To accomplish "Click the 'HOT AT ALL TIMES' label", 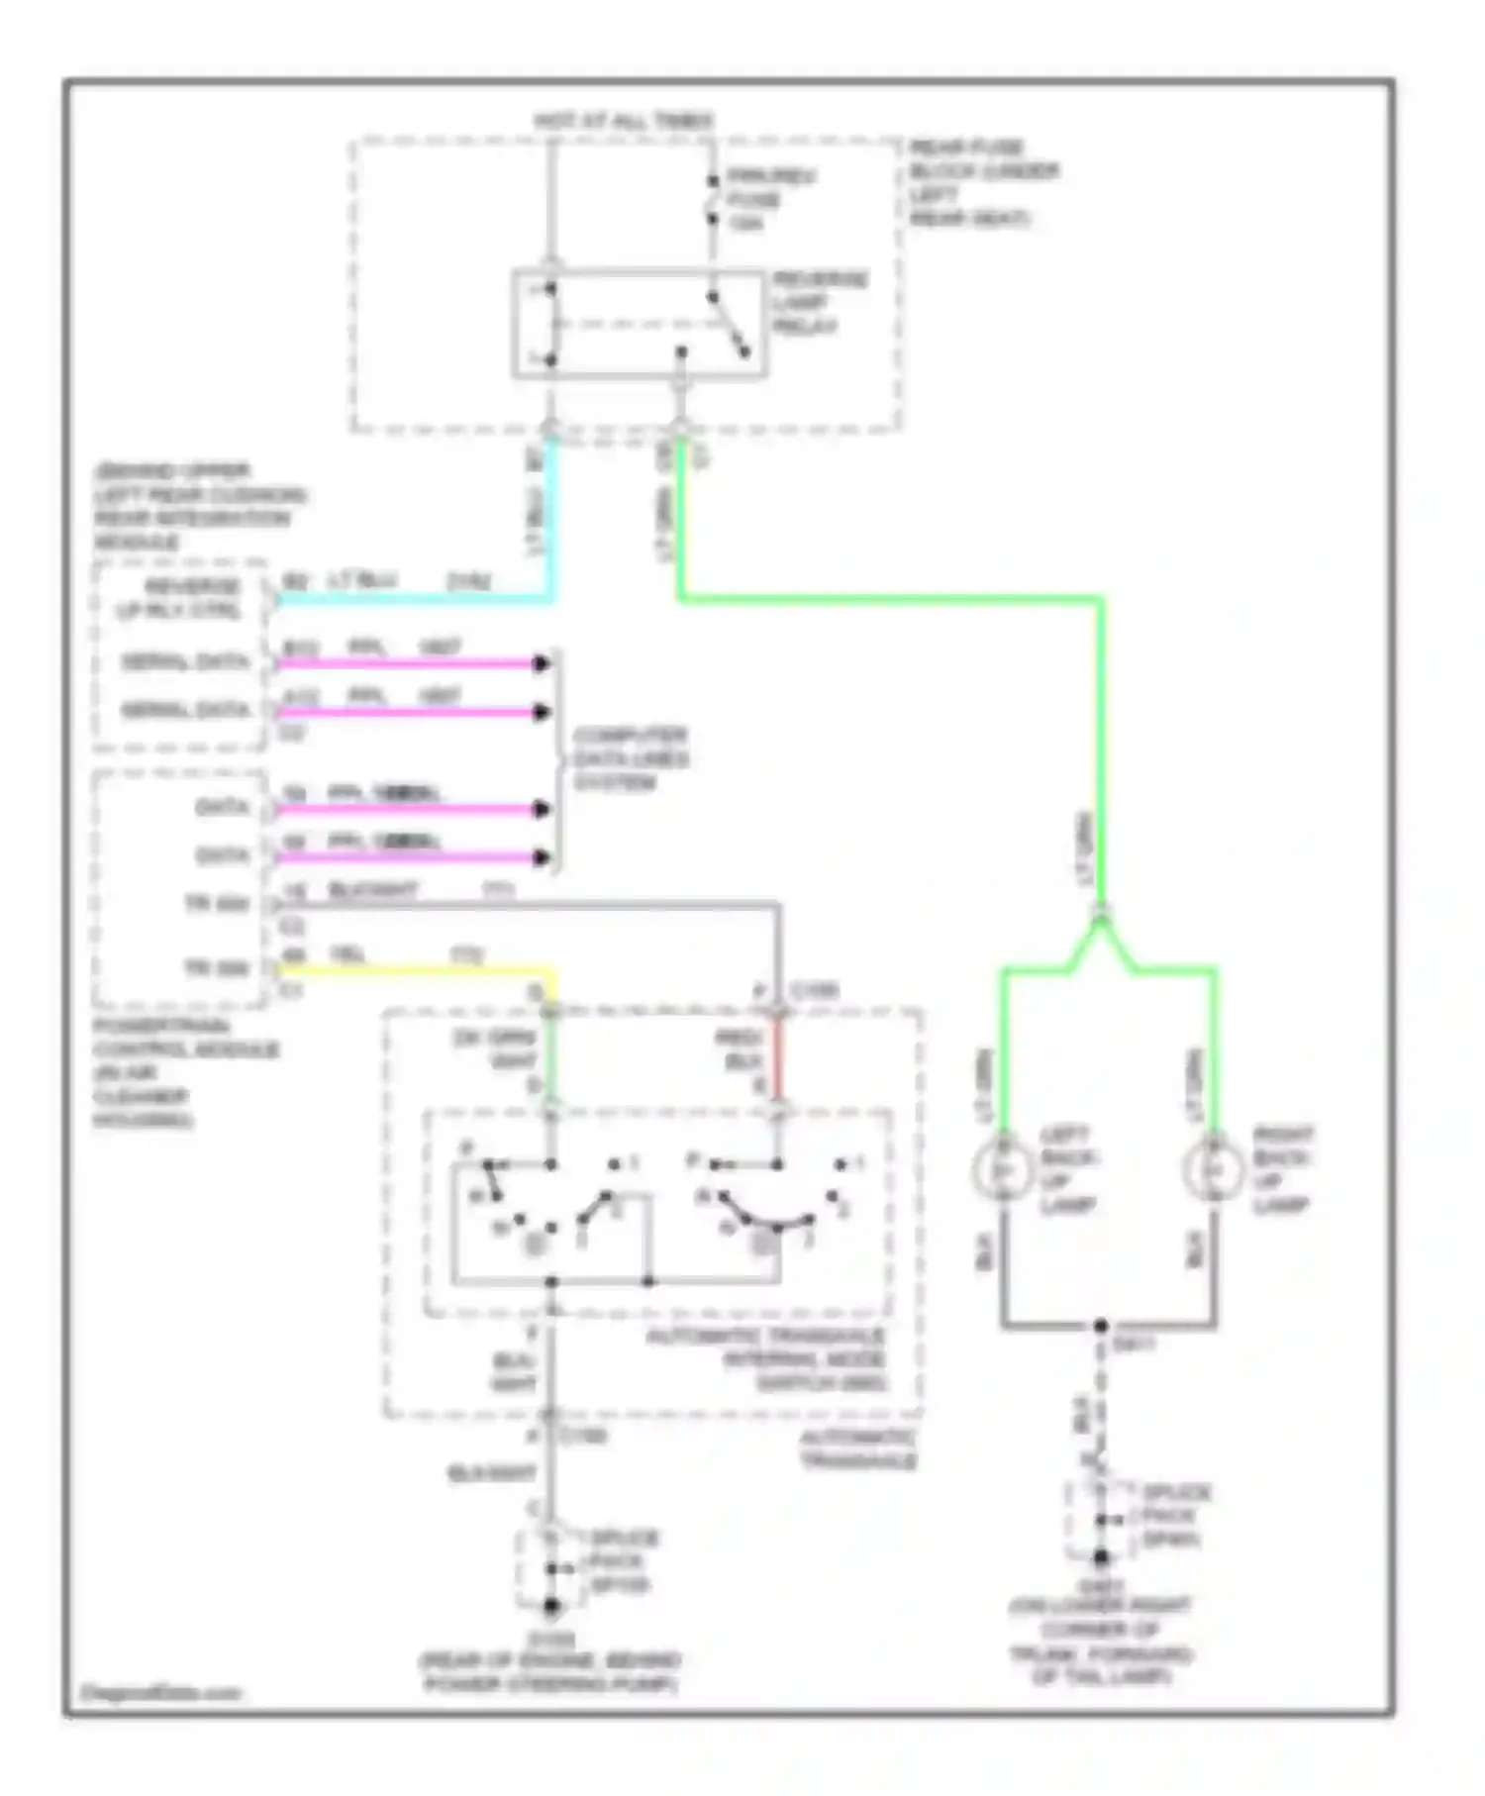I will point(623,121).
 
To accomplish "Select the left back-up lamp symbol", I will point(1003,1169).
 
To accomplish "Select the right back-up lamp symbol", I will point(1215,1169).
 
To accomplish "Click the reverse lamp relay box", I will point(639,323).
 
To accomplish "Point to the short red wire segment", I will point(778,1059).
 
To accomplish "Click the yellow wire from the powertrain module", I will point(416,969).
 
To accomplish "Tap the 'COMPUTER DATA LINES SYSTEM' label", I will point(630,759).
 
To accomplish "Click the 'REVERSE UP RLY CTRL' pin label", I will point(179,598).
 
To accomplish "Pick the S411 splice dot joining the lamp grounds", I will point(1100,1326).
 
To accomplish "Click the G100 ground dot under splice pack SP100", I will point(551,1606).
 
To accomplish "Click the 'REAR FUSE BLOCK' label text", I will point(982,182).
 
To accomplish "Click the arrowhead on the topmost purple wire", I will point(542,663).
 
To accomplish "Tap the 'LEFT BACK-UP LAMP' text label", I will point(1068,1169).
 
